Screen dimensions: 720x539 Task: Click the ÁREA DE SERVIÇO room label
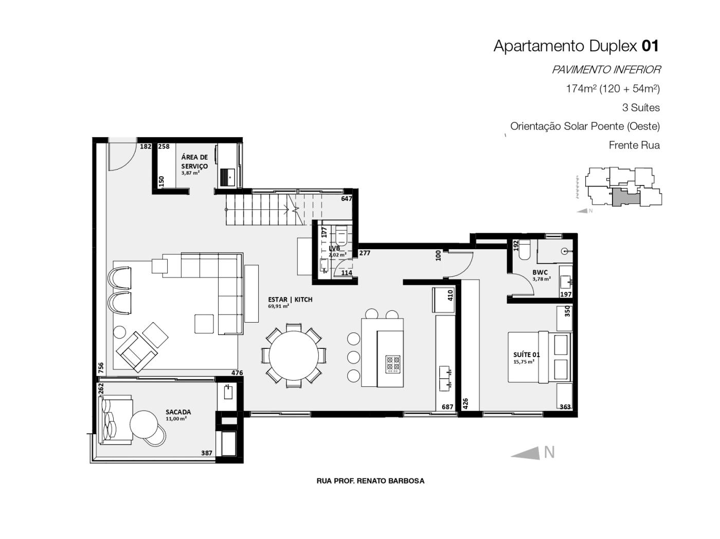point(194,161)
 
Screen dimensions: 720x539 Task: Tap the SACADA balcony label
point(178,412)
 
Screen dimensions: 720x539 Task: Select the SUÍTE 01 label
point(527,355)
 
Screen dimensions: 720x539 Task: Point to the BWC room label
point(540,272)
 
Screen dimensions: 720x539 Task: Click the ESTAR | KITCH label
point(290,300)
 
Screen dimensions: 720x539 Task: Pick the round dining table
point(294,356)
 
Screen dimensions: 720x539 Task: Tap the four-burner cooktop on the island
point(392,364)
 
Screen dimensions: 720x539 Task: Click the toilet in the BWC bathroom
point(525,250)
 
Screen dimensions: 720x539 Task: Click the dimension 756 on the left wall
point(101,367)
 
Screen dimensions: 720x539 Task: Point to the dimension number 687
point(447,406)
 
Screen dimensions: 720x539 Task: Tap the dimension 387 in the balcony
point(207,453)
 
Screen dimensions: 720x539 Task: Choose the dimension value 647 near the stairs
point(347,198)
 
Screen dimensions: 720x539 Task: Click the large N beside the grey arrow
point(549,453)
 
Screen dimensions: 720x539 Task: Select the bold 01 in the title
point(650,46)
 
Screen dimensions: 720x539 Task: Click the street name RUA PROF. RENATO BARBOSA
point(370,481)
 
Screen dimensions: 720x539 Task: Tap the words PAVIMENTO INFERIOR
point(606,70)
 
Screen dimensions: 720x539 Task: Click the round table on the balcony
point(143,424)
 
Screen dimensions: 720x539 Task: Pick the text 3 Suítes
point(641,107)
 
